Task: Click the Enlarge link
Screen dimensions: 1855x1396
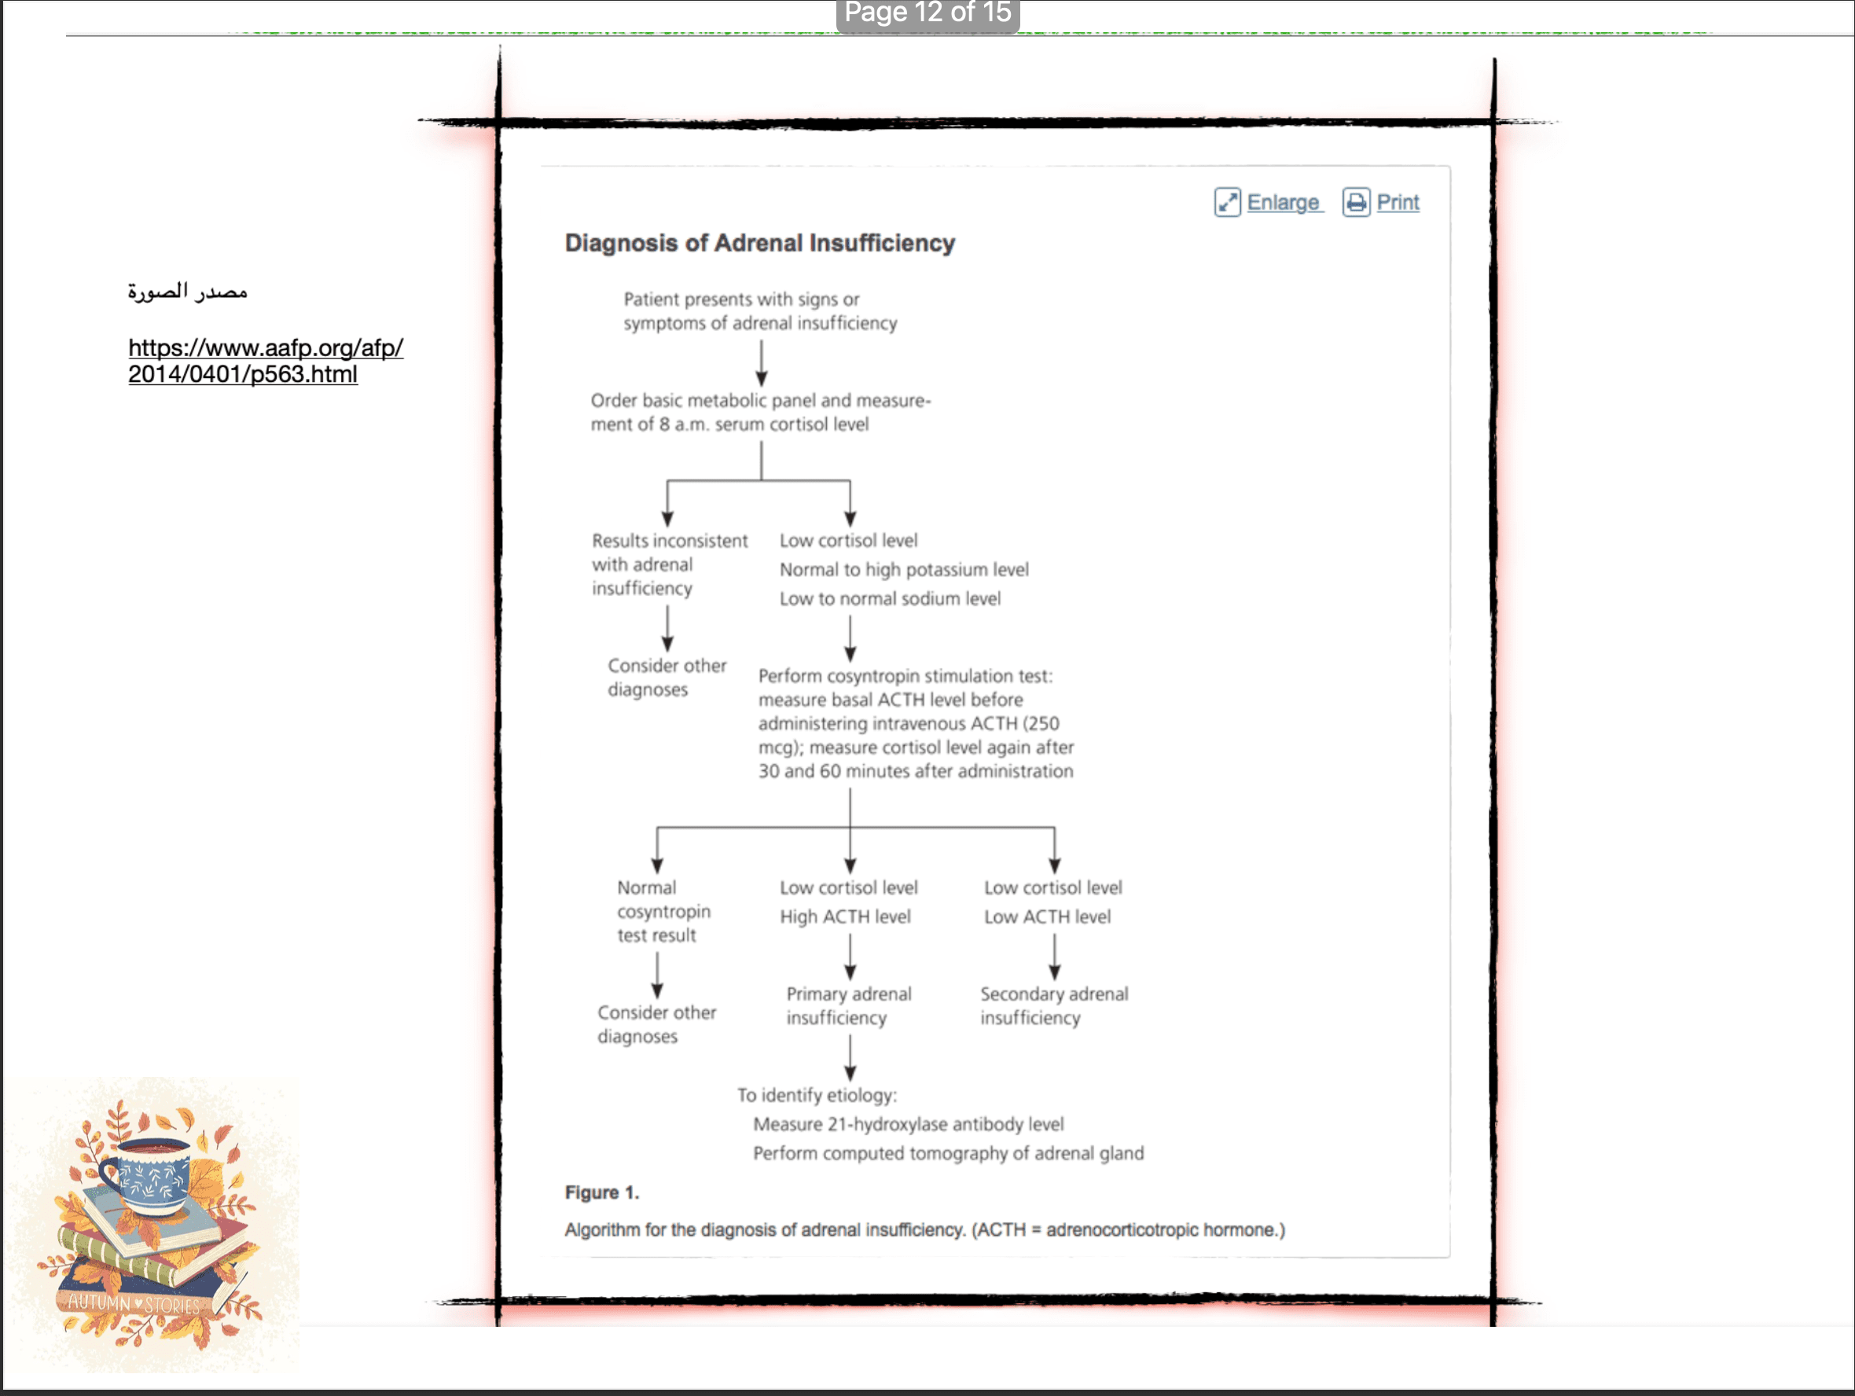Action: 1269,202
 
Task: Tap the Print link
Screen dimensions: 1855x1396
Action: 1381,202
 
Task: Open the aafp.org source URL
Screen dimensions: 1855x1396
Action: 265,361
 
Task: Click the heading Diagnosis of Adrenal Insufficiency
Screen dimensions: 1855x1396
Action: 760,243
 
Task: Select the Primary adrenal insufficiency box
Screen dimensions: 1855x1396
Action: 849,1005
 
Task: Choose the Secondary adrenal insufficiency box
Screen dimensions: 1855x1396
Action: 1054,1005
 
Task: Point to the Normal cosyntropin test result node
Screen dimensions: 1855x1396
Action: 663,911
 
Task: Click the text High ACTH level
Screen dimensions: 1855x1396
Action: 845,917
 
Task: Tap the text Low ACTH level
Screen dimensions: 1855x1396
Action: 1048,917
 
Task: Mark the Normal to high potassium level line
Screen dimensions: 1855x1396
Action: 904,570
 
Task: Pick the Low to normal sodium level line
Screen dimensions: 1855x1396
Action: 890,599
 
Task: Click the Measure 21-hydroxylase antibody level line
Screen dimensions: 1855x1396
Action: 908,1124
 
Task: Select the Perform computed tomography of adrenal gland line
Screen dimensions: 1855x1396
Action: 949,1154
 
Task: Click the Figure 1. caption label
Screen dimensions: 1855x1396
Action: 602,1192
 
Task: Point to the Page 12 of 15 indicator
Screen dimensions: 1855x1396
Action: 928,13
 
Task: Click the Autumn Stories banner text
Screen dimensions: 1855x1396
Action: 134,1304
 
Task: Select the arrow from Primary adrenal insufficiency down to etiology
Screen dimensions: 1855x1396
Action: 850,1057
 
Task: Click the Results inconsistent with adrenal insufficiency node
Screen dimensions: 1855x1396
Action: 669,564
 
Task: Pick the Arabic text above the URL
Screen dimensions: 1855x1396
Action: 188,292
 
